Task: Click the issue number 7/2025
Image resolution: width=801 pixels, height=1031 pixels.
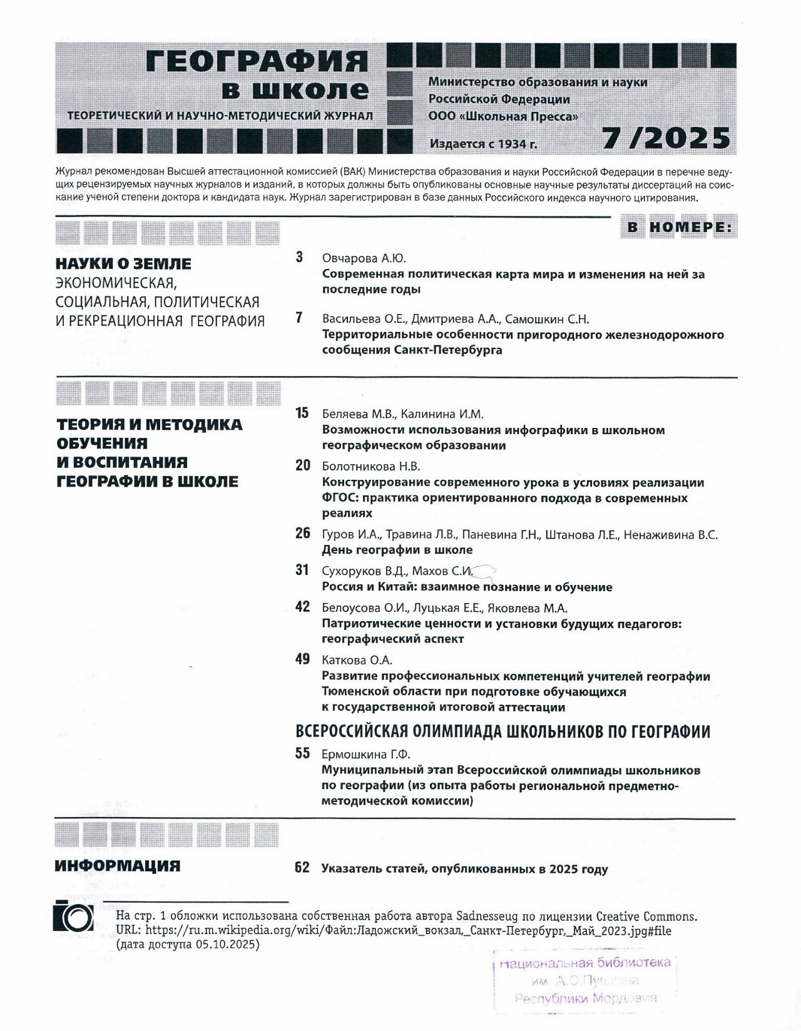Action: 666,138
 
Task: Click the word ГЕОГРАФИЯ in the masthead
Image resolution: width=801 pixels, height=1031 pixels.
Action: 257,62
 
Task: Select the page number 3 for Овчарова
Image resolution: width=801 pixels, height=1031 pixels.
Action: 300,257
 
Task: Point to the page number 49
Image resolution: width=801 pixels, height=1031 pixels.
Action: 302,659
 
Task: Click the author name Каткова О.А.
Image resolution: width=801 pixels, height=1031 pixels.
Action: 357,660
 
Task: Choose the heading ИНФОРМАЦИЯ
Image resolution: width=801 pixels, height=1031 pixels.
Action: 118,866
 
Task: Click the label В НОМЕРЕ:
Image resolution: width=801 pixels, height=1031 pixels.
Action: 680,228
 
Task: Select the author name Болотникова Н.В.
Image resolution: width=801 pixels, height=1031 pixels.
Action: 371,466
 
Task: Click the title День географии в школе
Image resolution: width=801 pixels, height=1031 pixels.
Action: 397,550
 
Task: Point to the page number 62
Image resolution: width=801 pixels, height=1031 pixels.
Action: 302,868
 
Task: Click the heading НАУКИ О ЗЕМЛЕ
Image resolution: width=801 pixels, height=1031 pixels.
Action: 123,263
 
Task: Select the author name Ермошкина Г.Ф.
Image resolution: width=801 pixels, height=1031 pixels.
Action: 365,754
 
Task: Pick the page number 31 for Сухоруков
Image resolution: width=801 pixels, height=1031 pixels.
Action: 302,570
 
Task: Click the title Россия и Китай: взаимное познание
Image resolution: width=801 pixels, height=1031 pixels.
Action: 467,587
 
